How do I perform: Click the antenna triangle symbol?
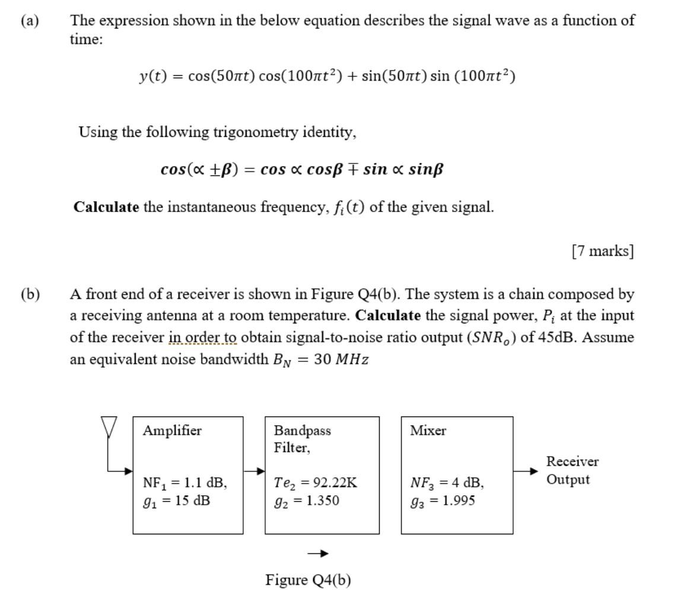[108, 425]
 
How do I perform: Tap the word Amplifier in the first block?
[172, 431]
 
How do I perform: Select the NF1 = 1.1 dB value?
[184, 483]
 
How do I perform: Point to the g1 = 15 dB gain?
[176, 501]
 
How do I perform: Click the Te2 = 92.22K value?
[316, 483]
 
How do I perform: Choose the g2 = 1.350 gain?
[306, 501]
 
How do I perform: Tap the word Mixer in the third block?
[428, 431]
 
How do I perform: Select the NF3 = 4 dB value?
[447, 483]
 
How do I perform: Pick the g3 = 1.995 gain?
[443, 501]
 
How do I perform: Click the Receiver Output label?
[572, 470]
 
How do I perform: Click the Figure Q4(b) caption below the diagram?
[308, 579]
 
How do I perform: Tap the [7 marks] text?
[603, 251]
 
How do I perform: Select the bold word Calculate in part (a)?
[106, 207]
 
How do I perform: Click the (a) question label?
[29, 21]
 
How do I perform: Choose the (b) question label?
[30, 294]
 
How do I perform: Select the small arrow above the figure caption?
[317, 554]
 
